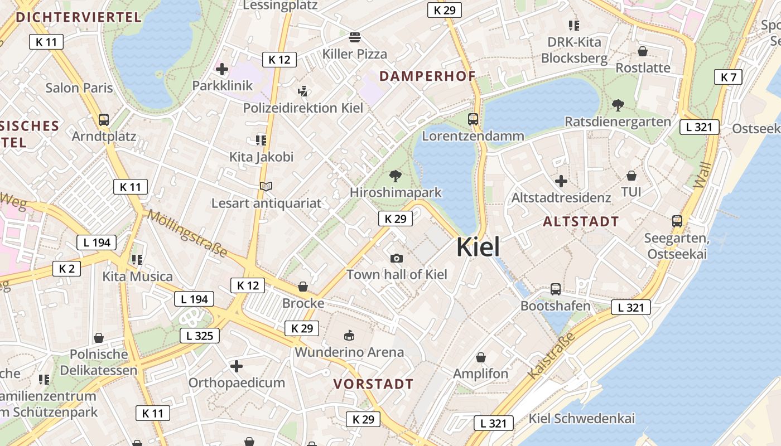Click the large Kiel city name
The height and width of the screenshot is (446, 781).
tap(478, 247)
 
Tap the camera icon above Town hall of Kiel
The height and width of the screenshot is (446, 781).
tap(397, 258)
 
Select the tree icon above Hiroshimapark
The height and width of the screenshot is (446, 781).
tap(396, 176)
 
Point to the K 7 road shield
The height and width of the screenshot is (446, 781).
tap(729, 77)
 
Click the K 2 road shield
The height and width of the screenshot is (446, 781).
tap(66, 269)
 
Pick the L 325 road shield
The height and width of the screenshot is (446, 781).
tap(199, 336)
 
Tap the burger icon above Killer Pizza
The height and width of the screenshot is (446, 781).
tap(355, 38)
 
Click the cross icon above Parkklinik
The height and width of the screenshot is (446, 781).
tap(222, 69)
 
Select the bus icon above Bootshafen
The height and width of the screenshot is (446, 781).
tap(556, 289)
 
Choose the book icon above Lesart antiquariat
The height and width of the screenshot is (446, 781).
tap(267, 187)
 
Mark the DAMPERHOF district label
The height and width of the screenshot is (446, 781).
tap(427, 76)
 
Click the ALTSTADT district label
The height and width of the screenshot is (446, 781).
tap(581, 221)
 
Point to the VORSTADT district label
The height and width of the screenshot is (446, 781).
tap(373, 384)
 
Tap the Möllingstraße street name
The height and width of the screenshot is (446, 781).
tap(188, 234)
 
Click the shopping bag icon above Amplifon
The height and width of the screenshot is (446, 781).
tap(481, 357)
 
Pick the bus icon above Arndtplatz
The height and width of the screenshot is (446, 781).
tap(104, 119)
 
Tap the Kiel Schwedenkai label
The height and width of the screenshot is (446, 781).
tap(582, 419)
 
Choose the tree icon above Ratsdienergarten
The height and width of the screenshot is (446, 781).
tap(618, 105)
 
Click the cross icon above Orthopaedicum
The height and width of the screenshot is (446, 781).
tap(237, 366)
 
